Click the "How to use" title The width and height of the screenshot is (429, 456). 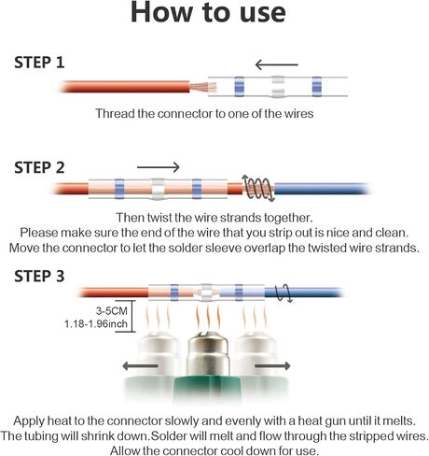coord(208,12)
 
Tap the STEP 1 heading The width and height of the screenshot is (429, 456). coord(39,63)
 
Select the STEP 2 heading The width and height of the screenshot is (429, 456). coord(39,167)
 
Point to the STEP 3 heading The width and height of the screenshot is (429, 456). coord(39,277)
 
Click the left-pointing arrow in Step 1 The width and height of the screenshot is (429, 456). coord(276,64)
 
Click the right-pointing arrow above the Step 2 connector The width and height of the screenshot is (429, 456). coord(159,167)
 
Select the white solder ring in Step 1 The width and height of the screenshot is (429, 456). coord(278,87)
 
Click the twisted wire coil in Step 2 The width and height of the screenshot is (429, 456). coord(258,188)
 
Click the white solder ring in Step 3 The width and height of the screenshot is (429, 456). coord(205,292)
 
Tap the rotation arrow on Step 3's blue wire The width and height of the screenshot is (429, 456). coord(284,293)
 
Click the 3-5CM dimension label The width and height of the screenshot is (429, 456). coord(112,310)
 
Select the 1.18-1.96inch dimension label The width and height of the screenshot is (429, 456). coord(96,323)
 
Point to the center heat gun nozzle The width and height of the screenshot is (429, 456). coord(208,354)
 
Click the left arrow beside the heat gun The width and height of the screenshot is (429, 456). coord(140,366)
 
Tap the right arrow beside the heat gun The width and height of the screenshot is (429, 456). coord(272,366)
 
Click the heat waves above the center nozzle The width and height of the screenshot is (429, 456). coord(208,318)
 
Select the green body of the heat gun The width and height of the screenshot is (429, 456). coord(208,390)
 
